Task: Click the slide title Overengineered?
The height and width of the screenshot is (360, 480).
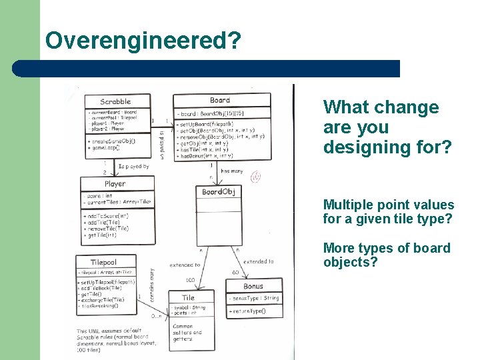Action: pos(143,40)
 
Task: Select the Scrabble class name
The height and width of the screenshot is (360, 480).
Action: pos(115,102)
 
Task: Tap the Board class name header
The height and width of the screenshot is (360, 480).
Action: pos(220,101)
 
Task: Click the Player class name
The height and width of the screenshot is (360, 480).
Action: pos(115,183)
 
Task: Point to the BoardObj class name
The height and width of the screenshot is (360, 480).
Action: pos(218,193)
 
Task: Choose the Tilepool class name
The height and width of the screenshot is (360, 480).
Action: pos(104,262)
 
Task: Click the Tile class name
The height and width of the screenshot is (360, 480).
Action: pos(189,297)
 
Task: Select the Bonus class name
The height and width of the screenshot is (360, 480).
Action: pos(253,286)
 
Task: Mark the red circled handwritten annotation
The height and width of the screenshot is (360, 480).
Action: pos(255,177)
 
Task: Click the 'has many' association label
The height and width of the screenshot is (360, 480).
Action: pos(231,171)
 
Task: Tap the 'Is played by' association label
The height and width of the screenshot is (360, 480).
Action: pos(133,167)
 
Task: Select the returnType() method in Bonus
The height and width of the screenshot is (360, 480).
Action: pos(248,311)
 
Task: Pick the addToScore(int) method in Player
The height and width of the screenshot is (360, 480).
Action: pos(109,217)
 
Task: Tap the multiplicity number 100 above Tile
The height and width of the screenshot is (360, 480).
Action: pos(190,281)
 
